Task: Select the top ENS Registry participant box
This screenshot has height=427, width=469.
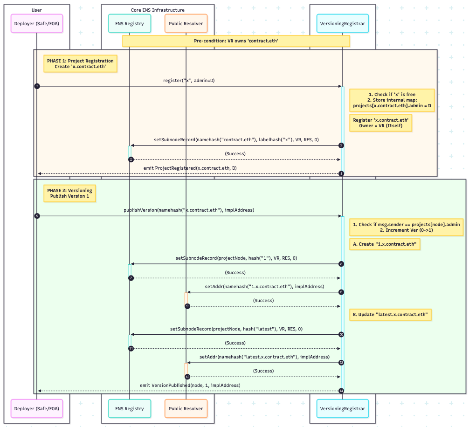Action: pyautogui.click(x=129, y=23)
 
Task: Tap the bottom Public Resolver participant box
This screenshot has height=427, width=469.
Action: pyautogui.click(x=186, y=408)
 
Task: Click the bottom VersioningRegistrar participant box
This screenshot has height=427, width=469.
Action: pyautogui.click(x=342, y=408)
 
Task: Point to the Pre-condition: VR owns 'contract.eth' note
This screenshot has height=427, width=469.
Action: pyautogui.click(x=236, y=41)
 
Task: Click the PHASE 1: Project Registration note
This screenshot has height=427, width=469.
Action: pyautogui.click(x=80, y=64)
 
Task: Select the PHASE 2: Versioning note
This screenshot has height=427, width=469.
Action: pyautogui.click(x=69, y=193)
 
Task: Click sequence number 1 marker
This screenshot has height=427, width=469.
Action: pyautogui.click(x=37, y=86)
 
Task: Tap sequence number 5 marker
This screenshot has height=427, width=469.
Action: pyautogui.click(x=37, y=216)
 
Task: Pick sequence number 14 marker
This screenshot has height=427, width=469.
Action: pyautogui.click(x=342, y=391)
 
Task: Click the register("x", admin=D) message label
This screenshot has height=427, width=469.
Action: pyautogui.click(x=189, y=80)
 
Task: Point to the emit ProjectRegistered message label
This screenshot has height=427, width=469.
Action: pyautogui.click(x=189, y=167)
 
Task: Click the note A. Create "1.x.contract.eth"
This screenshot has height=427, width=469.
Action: pyautogui.click(x=385, y=244)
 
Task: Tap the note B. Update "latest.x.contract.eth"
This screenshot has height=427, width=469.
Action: pyautogui.click(x=390, y=315)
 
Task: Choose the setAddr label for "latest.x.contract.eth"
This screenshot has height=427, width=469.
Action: pyautogui.click(x=264, y=357)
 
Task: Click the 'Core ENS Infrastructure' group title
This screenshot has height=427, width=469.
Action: pyautogui.click(x=158, y=10)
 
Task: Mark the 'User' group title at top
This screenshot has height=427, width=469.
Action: pyautogui.click(x=36, y=10)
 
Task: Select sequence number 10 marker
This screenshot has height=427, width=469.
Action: pyautogui.click(x=342, y=334)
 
